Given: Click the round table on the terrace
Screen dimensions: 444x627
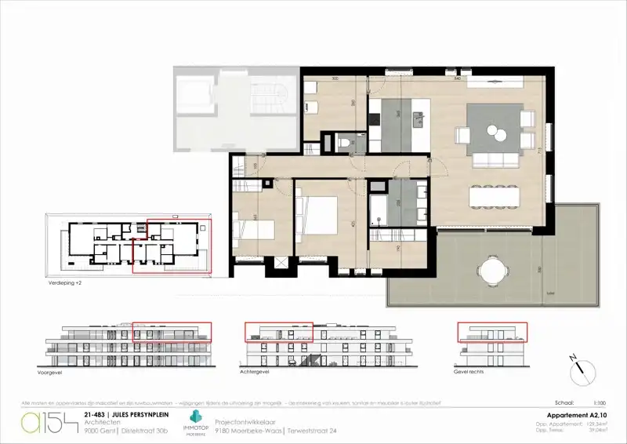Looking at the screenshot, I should [491, 270].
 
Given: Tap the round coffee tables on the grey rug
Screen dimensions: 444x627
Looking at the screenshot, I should [495, 131].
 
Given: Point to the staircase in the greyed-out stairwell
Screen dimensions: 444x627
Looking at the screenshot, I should [263, 98].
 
